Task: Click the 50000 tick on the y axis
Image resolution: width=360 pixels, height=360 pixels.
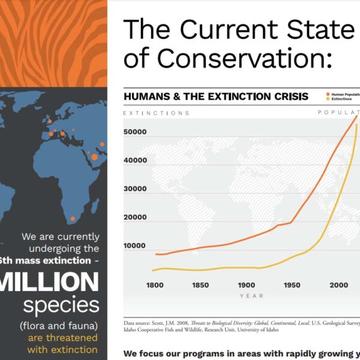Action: (135, 131)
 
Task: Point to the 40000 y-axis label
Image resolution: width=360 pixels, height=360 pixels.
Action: (135, 160)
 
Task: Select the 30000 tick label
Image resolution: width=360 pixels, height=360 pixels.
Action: (135, 188)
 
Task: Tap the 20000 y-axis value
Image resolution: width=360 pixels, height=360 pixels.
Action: (135, 217)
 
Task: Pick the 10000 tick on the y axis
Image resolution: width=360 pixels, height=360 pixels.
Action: (135, 245)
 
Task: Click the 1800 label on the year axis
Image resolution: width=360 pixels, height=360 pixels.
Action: (154, 284)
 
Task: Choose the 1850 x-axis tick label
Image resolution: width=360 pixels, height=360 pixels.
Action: (200, 284)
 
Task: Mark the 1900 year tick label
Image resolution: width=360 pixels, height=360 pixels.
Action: (247, 284)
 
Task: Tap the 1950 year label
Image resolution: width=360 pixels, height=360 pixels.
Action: (292, 284)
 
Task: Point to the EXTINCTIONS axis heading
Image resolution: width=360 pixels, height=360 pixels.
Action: (156, 113)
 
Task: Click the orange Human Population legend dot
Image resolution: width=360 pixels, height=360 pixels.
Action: (328, 94)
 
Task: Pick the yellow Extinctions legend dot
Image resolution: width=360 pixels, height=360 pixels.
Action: (328, 98)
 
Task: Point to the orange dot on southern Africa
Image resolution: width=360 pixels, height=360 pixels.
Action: (73, 218)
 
